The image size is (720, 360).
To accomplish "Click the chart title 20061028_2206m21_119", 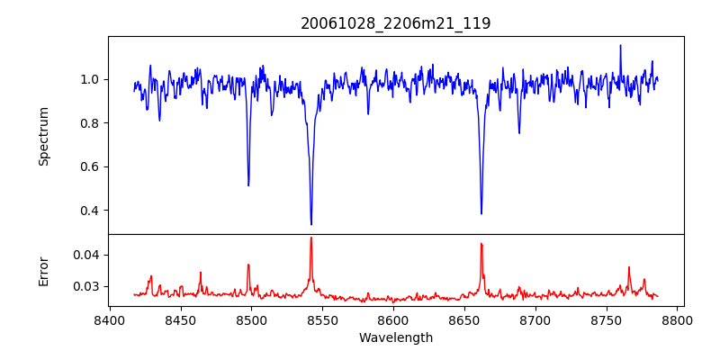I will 395,23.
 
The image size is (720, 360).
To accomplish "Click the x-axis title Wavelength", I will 395,338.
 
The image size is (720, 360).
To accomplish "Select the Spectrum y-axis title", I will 44,136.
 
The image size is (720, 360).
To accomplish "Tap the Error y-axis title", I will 44,271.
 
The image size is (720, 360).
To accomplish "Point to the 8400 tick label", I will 110,320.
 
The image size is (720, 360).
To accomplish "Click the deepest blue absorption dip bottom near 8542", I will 311,224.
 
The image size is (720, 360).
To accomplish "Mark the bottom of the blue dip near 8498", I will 248,185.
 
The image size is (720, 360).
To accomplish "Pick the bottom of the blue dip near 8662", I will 481,213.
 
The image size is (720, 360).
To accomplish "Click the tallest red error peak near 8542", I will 311,238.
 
